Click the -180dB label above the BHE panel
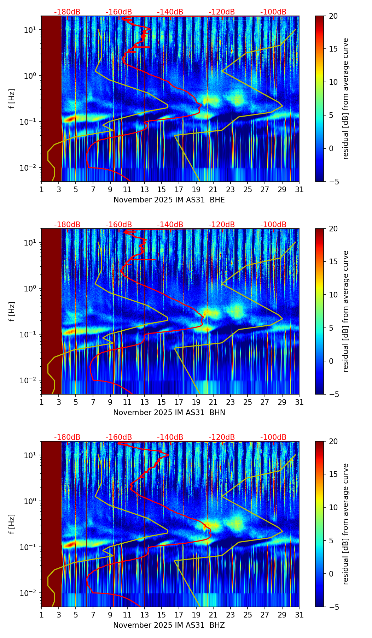click(x=67, y=12)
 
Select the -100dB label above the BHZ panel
click(x=273, y=437)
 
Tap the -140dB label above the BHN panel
click(x=170, y=225)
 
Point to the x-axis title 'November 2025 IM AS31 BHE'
click(x=169, y=200)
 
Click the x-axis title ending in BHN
click(x=169, y=413)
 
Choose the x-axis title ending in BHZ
click(x=169, y=625)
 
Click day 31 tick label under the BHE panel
click(x=299, y=189)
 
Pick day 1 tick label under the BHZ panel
click(x=41, y=615)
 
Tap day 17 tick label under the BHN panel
click(x=179, y=402)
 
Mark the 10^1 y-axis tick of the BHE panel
click(x=30, y=30)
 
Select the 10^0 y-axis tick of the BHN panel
click(x=30, y=289)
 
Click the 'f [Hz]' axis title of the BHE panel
click(x=12, y=99)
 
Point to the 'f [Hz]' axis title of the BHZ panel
click(x=12, y=524)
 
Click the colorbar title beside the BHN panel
click(x=345, y=311)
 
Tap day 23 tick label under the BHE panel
click(x=230, y=189)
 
